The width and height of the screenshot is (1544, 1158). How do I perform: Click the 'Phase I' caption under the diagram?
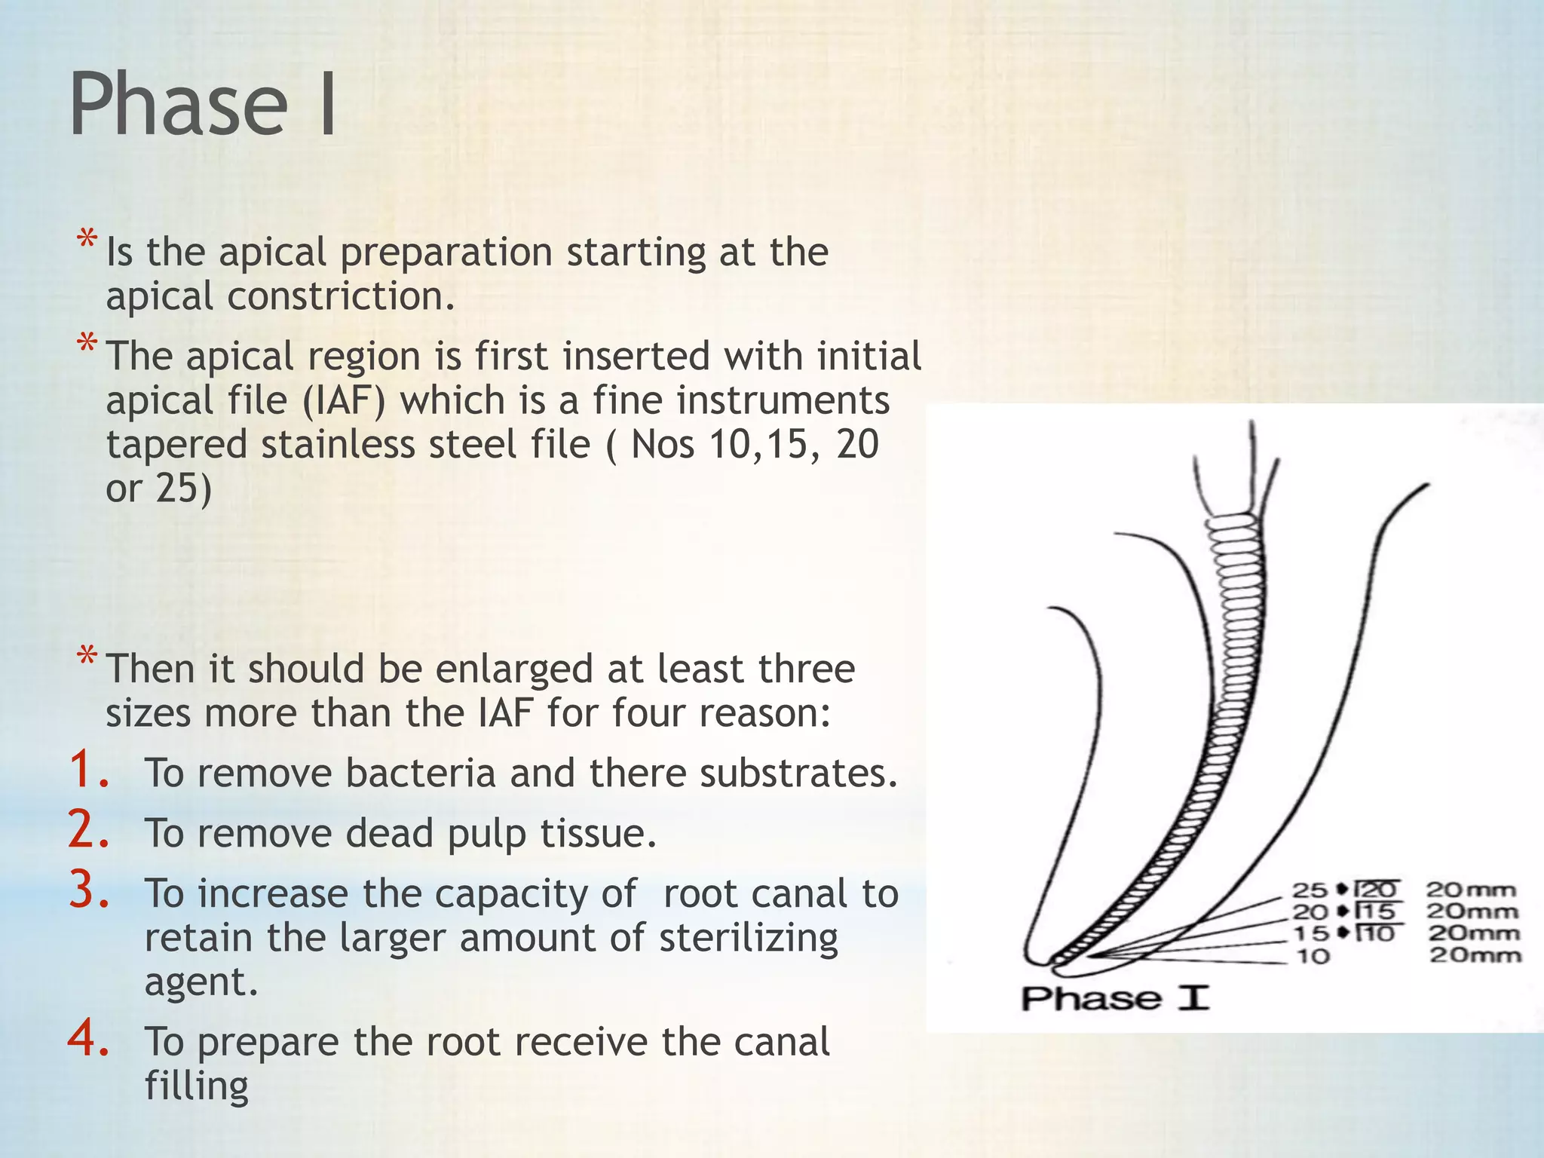click(x=1114, y=998)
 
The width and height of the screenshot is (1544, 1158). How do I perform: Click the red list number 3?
click(x=89, y=890)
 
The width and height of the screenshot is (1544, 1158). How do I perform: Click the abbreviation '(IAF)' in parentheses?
click(x=343, y=400)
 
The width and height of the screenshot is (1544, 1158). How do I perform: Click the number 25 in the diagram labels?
click(x=1310, y=890)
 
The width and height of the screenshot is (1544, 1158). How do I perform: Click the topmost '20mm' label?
click(x=1471, y=890)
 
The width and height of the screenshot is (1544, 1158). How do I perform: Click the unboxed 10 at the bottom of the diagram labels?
click(x=1313, y=956)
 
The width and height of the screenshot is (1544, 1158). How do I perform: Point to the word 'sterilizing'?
click(x=748, y=939)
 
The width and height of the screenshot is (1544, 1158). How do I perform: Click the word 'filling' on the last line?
click(x=196, y=1086)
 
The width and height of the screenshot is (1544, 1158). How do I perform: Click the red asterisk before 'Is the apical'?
click(x=87, y=240)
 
